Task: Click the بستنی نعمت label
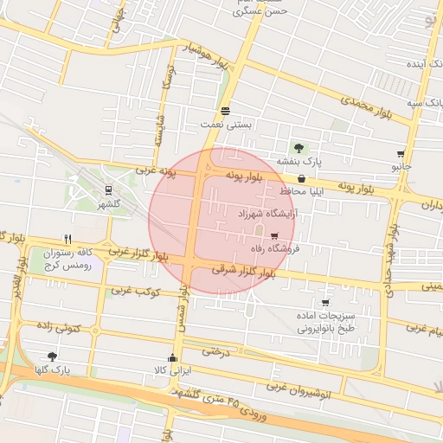coord(226,125)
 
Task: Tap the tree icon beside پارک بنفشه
coord(299,148)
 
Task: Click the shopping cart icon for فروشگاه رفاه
coord(275,235)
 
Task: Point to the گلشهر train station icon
coord(109,190)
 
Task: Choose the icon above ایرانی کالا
coord(171,357)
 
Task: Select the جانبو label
coord(401,165)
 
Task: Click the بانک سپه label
coord(403,104)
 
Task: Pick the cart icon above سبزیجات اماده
coord(324,303)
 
